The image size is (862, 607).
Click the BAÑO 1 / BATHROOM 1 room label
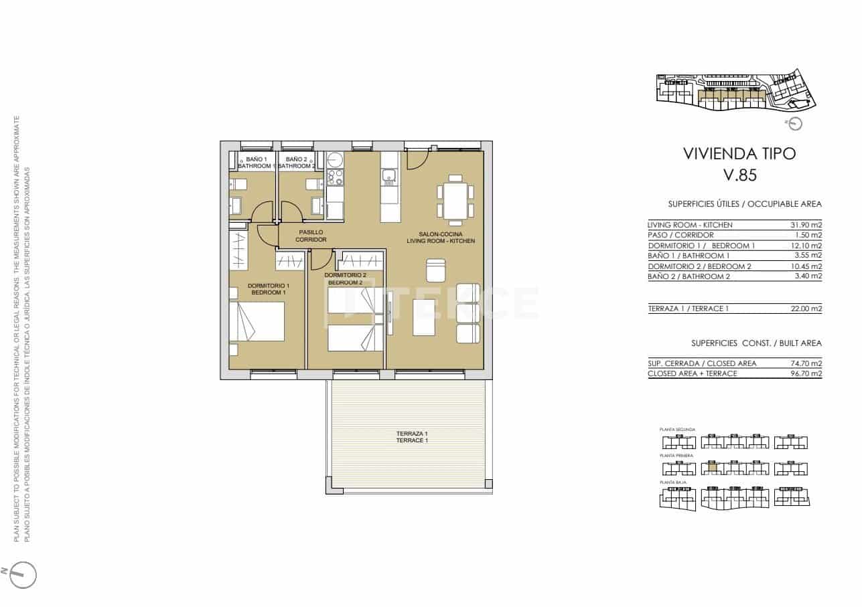coord(256,162)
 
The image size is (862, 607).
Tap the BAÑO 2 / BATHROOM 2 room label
coord(296,162)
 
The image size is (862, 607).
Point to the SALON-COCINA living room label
coord(441,237)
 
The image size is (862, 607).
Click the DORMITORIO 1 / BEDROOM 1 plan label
coord(267,289)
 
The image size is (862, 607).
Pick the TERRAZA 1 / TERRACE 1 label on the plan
coord(411,437)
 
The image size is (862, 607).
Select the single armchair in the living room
coord(435,270)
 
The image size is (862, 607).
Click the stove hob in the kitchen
coord(335,176)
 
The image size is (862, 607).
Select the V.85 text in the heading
coord(739,175)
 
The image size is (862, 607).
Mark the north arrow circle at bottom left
coord(23,574)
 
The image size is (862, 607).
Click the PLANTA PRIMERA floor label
coord(676,456)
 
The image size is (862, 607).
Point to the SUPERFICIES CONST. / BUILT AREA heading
coord(756,343)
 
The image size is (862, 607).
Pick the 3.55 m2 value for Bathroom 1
coord(808,256)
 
